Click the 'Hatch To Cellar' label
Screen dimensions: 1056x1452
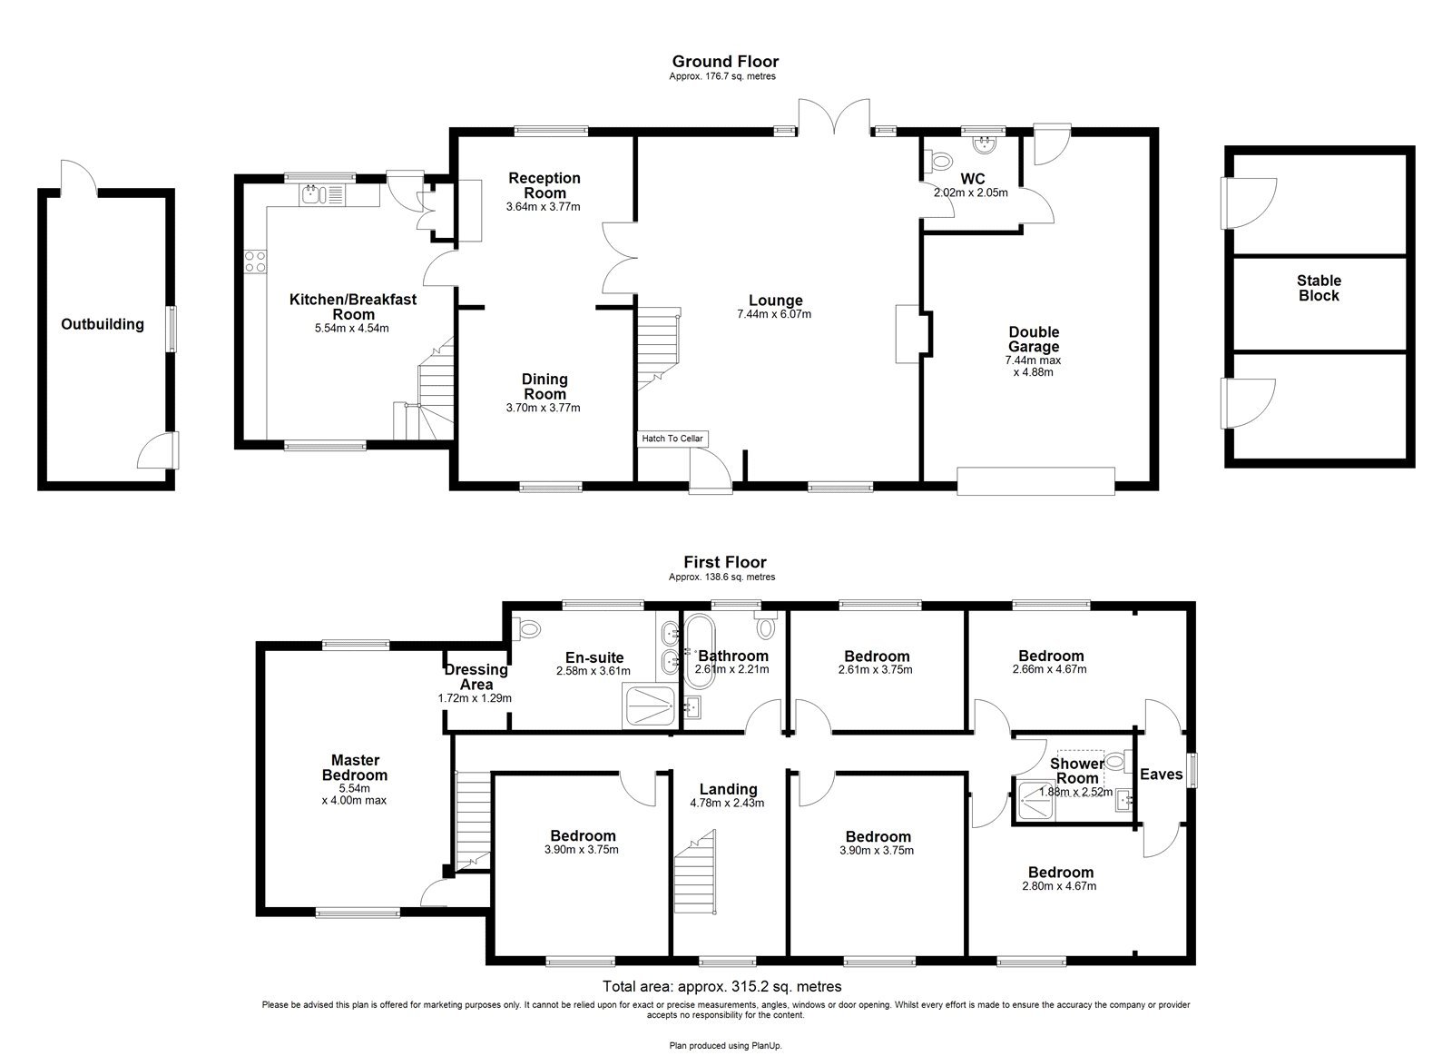(672, 439)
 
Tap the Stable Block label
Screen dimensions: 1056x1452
(1318, 288)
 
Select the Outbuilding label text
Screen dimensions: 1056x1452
(103, 324)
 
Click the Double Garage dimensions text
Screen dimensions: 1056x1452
(1033, 366)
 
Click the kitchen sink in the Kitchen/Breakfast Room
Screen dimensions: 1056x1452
(313, 192)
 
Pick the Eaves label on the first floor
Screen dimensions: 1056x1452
(1161, 775)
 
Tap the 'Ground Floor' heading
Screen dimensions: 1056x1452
(724, 62)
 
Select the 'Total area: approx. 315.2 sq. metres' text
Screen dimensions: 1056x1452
(722, 986)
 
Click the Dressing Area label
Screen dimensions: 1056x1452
(476, 677)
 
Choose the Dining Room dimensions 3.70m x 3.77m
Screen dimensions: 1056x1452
(543, 408)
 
